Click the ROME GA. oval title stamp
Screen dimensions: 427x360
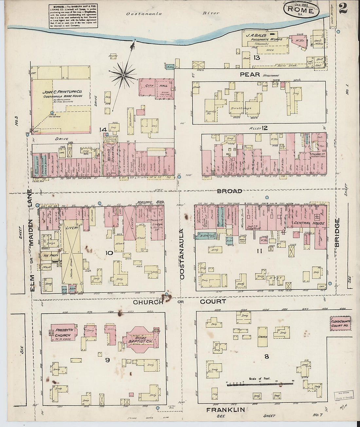301,9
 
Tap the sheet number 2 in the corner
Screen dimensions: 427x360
343,8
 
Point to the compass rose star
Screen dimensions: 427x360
123,75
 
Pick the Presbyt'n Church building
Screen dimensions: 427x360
63,332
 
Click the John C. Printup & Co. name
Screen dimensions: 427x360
62,92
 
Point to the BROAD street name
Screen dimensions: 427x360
229,191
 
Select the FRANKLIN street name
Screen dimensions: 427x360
225,409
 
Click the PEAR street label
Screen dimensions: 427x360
250,74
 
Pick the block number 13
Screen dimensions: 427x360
256,58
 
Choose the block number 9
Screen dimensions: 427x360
107,360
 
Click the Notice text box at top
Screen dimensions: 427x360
73,15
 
